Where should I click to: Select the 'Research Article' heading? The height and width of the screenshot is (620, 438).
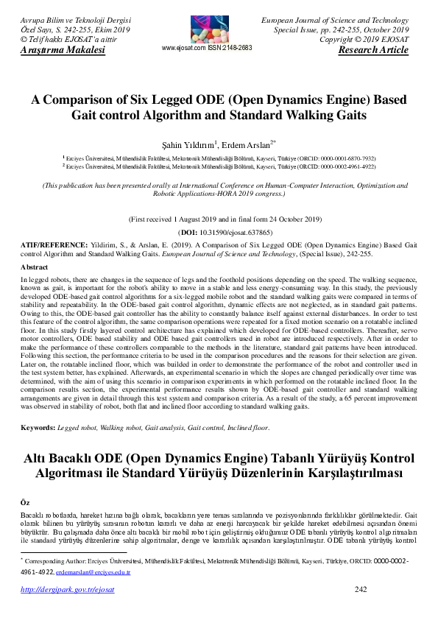coord(372,50)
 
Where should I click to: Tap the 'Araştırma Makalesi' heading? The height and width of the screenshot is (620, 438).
coord(63,50)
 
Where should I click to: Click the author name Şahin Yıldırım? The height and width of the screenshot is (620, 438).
coord(193,145)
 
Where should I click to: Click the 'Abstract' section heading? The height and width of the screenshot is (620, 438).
coord(34,267)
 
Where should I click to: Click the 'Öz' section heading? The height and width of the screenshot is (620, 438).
coord(25,501)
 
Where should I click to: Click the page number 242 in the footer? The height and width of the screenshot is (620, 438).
coord(361,589)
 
